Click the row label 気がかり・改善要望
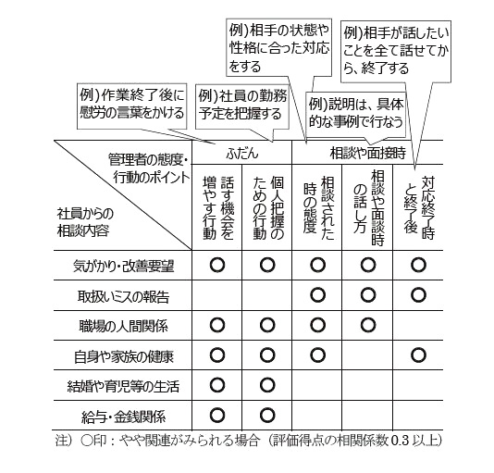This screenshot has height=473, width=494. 123,267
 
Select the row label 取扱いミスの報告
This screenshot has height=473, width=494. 123,296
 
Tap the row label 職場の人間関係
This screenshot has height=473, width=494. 123,326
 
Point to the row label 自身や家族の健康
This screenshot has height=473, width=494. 123,356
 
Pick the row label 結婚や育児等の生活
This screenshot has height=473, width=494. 123,386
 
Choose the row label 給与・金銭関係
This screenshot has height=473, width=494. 123,417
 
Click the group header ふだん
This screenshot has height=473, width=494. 242,154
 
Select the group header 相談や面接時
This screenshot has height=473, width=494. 367,154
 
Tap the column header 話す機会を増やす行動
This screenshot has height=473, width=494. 217,207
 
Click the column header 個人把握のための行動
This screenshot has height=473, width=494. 267,207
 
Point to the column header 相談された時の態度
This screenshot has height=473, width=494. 318,207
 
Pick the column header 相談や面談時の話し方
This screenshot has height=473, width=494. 368,207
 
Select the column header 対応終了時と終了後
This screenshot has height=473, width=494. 418,207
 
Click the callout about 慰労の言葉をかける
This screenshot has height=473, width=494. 132,106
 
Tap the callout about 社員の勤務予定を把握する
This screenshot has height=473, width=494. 242,106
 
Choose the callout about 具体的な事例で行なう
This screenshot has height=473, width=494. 355,115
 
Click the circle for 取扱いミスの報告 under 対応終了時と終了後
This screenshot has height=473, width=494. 419,295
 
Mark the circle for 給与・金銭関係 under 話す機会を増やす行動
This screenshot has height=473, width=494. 217,415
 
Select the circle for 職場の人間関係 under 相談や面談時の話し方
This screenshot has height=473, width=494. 368,325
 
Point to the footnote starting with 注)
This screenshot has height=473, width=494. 248,441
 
